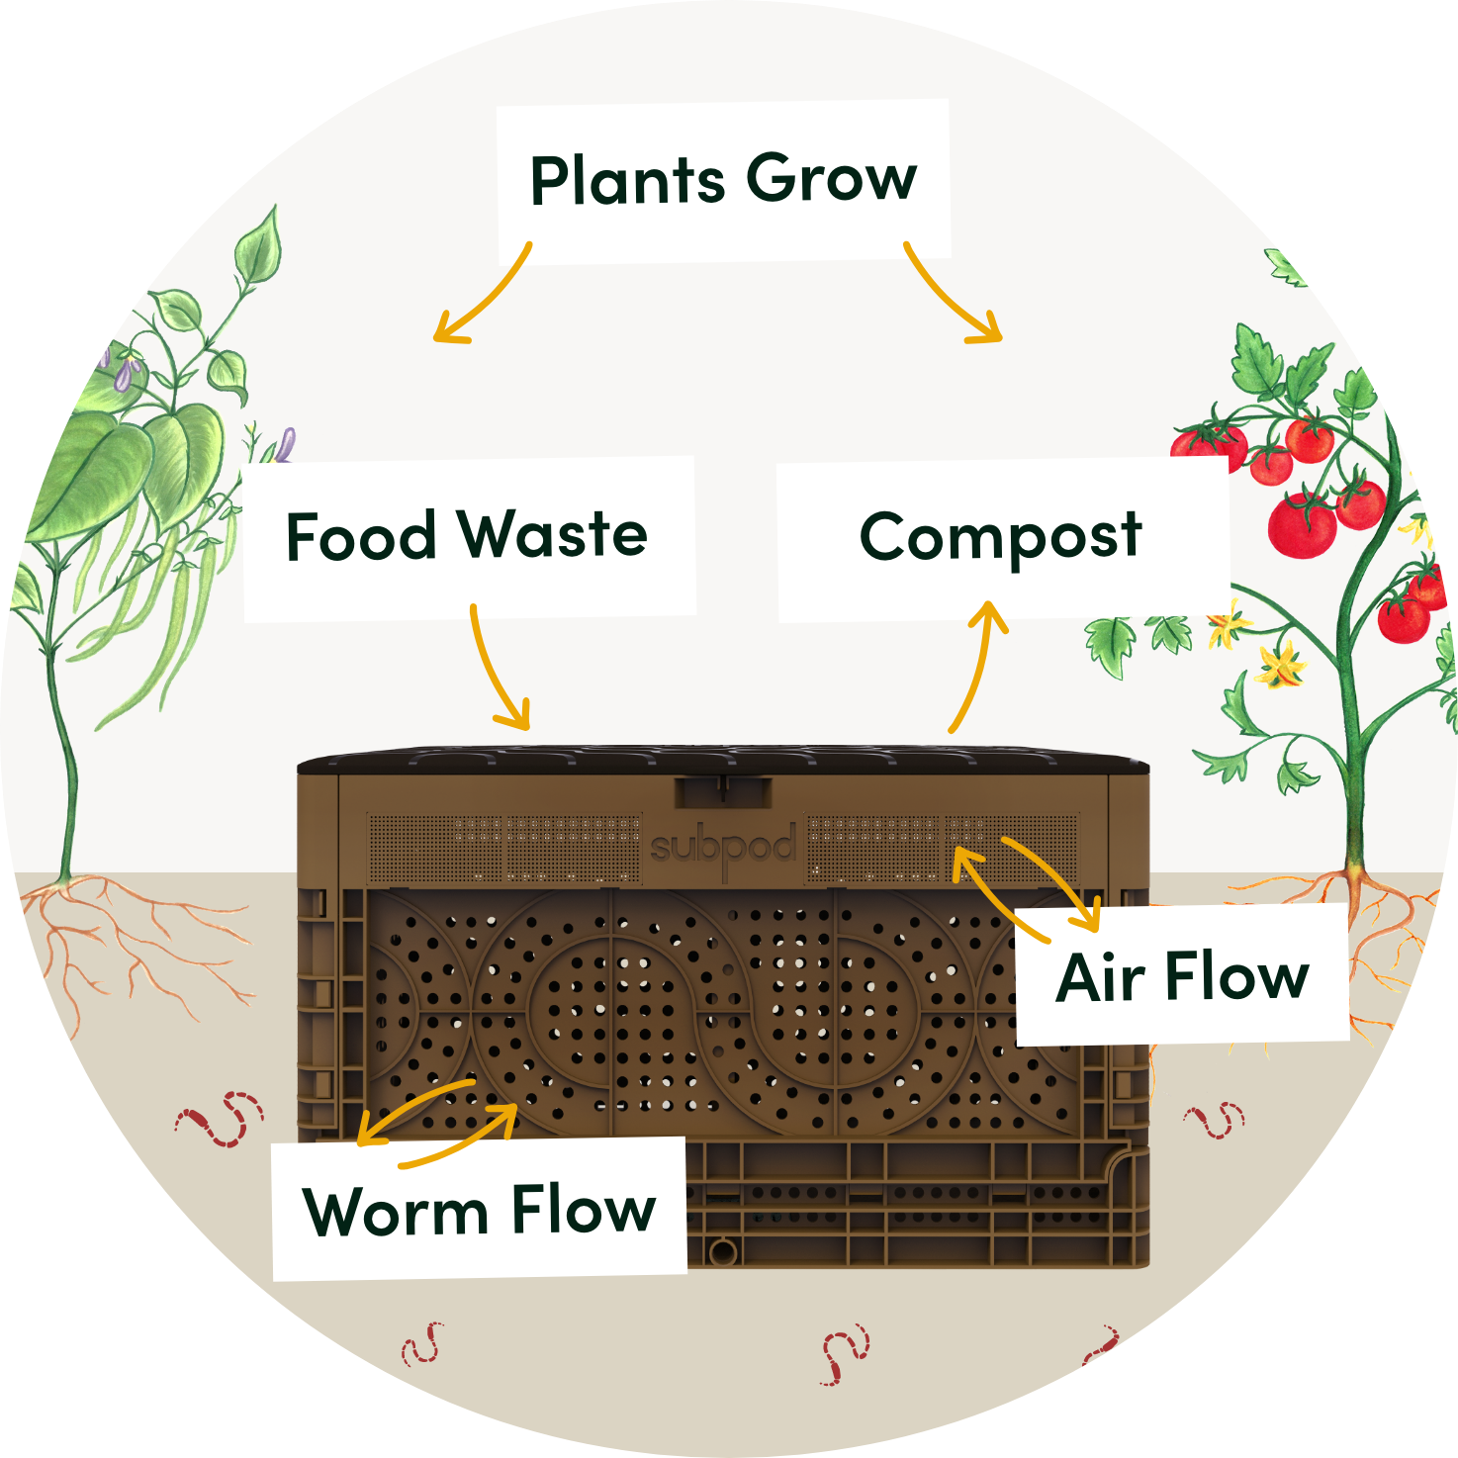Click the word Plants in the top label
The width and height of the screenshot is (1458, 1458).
[627, 179]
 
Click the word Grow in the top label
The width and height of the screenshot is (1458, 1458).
[832, 178]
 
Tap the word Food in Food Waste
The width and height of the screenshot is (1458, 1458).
[362, 536]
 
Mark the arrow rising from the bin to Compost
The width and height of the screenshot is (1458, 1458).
[980, 666]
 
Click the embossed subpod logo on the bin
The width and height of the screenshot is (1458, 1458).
[723, 848]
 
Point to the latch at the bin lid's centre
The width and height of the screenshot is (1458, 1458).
[722, 791]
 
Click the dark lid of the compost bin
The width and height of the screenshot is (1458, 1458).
[722, 758]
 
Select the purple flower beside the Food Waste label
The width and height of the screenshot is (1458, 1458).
[285, 444]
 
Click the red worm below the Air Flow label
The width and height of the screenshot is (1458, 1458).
[1215, 1121]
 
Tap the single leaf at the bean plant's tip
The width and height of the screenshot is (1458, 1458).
[259, 243]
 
